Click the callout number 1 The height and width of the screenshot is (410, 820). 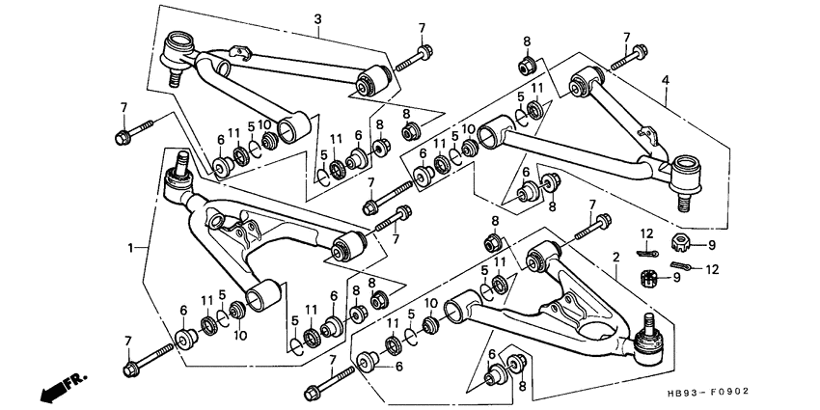pos(131,247)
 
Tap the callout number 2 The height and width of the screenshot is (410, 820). pos(616,257)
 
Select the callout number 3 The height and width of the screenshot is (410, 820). pos(317,19)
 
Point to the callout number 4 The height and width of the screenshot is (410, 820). pos(666,80)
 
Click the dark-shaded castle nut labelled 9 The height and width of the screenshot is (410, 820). pos(649,278)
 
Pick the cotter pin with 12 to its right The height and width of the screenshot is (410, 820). pos(681,265)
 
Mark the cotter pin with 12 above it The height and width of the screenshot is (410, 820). pos(647,254)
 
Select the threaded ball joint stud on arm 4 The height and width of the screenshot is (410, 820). pos(681,202)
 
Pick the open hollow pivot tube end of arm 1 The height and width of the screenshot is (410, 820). pos(263,295)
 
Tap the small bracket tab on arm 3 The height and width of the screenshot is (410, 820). pos(240,52)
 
